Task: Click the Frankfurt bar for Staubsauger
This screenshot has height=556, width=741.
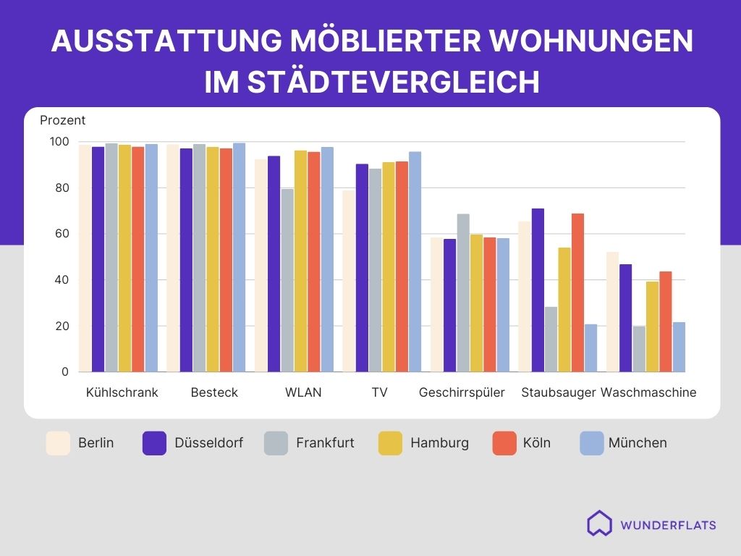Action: [x=551, y=340]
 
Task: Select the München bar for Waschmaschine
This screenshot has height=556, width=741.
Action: [x=679, y=347]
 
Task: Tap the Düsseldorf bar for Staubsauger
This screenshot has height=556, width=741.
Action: [x=538, y=290]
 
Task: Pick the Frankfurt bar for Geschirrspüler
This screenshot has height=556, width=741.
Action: [x=463, y=293]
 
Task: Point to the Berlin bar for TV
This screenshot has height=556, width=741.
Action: [x=349, y=282]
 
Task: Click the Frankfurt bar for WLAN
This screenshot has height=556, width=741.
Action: [x=287, y=280]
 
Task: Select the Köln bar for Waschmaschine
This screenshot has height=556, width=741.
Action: [x=666, y=322]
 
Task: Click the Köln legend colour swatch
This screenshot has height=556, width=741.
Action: [x=504, y=443]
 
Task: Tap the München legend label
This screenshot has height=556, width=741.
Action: [x=638, y=443]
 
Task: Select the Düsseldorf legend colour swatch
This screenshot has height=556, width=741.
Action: [x=155, y=443]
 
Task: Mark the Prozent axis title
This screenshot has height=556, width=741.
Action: [x=63, y=121]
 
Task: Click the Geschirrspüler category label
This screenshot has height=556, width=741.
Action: [x=462, y=393]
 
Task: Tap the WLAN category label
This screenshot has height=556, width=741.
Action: [x=303, y=393]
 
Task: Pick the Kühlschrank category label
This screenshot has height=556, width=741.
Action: [x=122, y=393]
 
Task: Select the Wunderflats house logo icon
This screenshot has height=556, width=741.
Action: [x=599, y=523]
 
